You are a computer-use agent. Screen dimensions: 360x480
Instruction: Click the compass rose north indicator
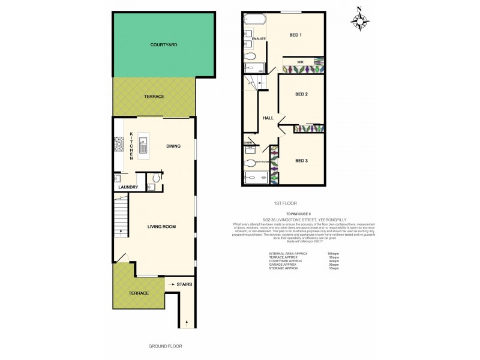(x=359, y=21)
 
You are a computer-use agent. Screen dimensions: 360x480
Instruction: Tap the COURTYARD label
(x=164, y=45)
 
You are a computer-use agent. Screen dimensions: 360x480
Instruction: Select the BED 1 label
(x=295, y=35)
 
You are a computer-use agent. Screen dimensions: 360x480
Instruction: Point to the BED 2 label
(x=301, y=95)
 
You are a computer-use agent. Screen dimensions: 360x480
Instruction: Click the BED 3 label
(x=301, y=160)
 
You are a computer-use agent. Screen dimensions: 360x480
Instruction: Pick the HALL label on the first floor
(x=268, y=118)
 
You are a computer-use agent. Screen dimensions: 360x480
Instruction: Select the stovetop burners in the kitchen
(x=118, y=145)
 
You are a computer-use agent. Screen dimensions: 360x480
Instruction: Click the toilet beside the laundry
(x=155, y=178)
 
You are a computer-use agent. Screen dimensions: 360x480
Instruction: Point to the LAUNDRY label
(x=128, y=187)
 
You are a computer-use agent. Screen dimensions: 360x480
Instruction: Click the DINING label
(x=173, y=146)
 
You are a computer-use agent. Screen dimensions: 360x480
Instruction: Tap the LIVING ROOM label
(x=161, y=226)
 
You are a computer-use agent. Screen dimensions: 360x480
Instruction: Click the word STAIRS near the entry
(x=184, y=284)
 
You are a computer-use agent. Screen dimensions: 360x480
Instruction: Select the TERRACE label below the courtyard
(x=154, y=97)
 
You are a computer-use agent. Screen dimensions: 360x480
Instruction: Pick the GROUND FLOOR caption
(x=165, y=346)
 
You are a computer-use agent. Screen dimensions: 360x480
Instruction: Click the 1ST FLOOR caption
(x=284, y=203)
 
